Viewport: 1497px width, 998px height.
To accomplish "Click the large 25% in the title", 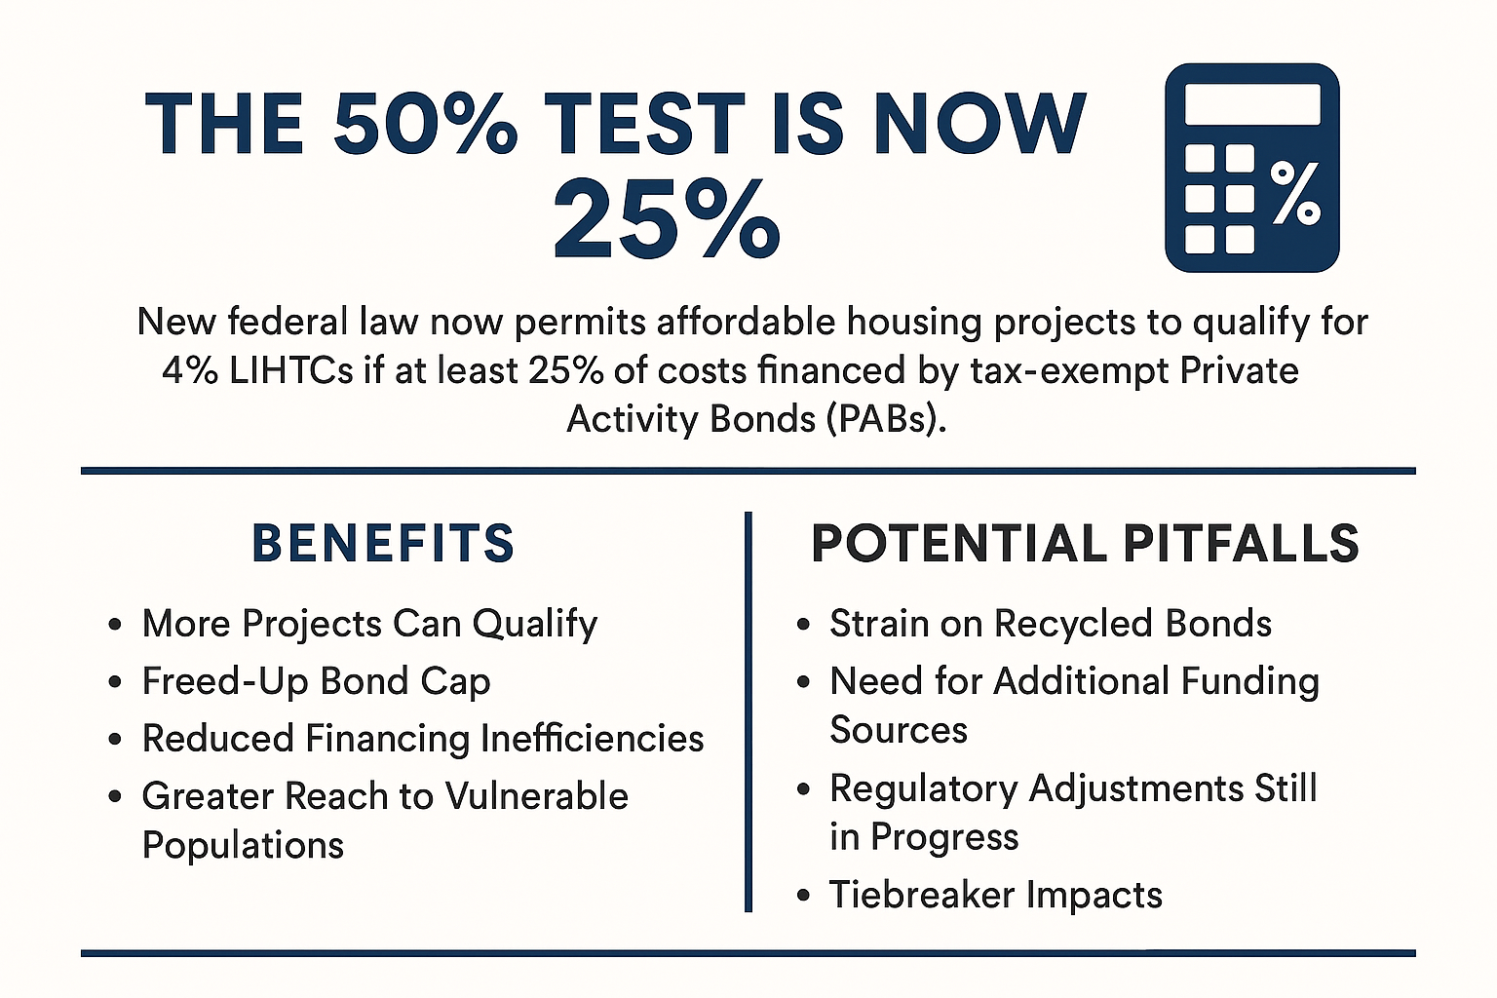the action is [x=667, y=218].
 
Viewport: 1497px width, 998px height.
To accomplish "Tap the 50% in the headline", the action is [x=425, y=125].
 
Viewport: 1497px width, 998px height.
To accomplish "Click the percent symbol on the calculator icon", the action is [x=1294, y=193].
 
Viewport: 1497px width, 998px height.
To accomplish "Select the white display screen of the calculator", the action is [x=1252, y=104].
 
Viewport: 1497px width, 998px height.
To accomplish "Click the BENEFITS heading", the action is [x=384, y=543].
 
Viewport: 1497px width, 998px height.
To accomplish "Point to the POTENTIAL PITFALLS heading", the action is [x=1085, y=543].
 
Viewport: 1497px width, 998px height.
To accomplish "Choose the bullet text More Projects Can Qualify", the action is [x=369, y=625].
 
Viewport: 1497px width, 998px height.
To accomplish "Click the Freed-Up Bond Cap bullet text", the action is [x=316, y=682].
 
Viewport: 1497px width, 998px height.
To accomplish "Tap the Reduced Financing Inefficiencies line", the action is [x=423, y=739].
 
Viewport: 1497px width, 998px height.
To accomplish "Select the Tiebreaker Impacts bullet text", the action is [x=996, y=895].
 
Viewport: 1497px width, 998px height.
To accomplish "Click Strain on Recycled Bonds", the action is [x=1051, y=624].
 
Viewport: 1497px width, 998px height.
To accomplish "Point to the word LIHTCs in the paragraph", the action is [x=290, y=371].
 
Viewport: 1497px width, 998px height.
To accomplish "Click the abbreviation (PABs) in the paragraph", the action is [x=886, y=420].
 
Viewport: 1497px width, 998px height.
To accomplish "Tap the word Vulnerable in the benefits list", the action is [x=537, y=796].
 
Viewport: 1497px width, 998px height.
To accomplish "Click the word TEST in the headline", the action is [x=644, y=125].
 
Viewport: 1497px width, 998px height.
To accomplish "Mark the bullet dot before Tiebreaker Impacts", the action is [x=803, y=895].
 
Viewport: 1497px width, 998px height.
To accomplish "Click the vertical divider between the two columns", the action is [x=748, y=711].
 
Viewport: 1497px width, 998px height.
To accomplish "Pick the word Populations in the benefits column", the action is [x=244, y=846].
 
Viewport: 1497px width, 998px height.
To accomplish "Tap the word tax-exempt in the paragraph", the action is [x=1068, y=371].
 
